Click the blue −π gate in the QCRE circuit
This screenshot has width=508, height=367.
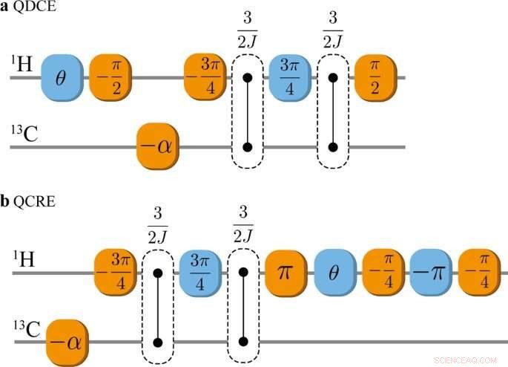(431, 274)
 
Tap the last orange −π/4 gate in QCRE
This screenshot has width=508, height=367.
(478, 274)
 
